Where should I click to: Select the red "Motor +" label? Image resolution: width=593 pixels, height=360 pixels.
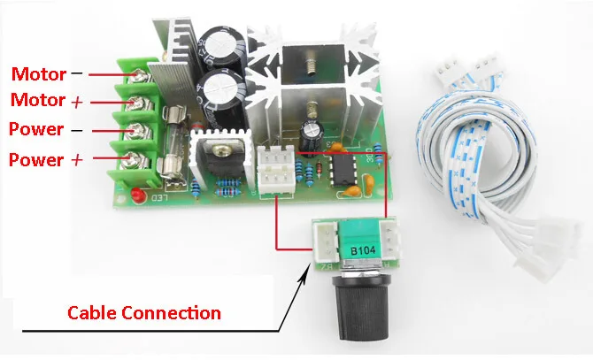pos(43,101)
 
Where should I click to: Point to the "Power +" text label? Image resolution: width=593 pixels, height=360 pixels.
pos(43,160)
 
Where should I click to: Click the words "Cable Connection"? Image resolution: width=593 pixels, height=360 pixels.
pos(145,313)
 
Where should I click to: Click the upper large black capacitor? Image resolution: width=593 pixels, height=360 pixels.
pos(219,46)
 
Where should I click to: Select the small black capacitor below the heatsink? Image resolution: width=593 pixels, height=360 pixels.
pos(310,136)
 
